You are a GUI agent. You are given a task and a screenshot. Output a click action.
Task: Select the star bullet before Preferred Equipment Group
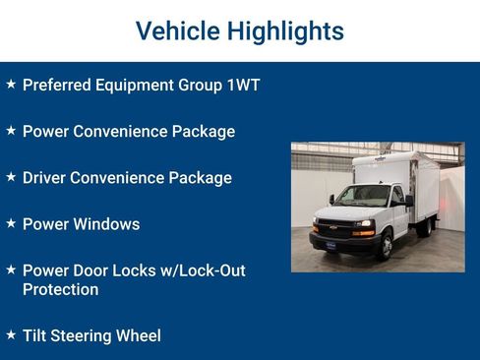[11, 84]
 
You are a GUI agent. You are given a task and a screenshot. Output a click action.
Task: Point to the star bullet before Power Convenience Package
[11, 130]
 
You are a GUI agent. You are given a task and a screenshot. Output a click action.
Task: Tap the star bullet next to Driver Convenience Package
[11, 176]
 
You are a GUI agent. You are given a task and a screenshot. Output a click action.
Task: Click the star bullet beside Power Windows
[11, 222]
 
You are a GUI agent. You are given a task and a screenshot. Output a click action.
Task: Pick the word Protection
[60, 290]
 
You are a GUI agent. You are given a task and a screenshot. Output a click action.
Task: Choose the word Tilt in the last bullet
[36, 336]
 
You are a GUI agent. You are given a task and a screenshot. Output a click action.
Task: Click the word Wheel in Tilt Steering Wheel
[139, 336]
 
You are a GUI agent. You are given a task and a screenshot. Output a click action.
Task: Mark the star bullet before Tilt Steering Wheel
[11, 334]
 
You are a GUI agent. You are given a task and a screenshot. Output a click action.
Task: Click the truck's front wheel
[385, 245]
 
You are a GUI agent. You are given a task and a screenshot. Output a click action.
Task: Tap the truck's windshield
[365, 197]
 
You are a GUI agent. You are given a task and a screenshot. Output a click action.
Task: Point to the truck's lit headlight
[363, 223]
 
